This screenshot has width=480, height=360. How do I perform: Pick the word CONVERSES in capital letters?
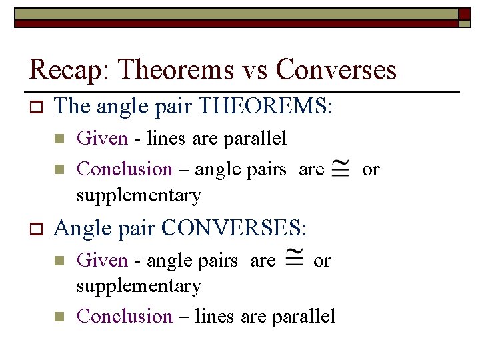[233, 229]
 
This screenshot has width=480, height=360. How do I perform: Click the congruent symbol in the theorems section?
[342, 169]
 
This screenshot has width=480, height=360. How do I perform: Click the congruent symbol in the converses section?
[293, 260]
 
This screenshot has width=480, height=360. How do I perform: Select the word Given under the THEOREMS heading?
[102, 139]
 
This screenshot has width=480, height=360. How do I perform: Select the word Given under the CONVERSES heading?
[102, 261]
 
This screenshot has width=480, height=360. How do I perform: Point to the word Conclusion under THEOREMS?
[125, 169]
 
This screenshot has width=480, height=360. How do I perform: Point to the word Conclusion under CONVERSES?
[125, 316]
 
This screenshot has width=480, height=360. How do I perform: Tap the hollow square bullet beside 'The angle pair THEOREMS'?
[36, 107]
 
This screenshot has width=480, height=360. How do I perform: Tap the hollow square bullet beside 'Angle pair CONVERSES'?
[36, 229]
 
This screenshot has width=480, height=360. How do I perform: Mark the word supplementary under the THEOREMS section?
[139, 195]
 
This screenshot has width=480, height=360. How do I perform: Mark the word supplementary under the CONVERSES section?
[139, 286]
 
